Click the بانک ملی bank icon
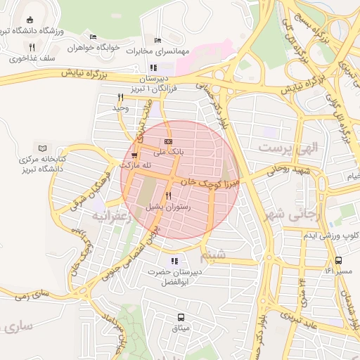click(167, 141)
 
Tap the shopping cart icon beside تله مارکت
click(134, 155)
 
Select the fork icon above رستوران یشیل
click(168, 196)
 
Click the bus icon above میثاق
click(181, 316)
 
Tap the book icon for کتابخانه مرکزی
click(44, 148)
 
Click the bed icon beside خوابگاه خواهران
click(93, 37)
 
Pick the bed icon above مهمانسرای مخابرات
click(157, 39)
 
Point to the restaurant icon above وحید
click(120, 97)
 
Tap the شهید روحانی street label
click(288, 169)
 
